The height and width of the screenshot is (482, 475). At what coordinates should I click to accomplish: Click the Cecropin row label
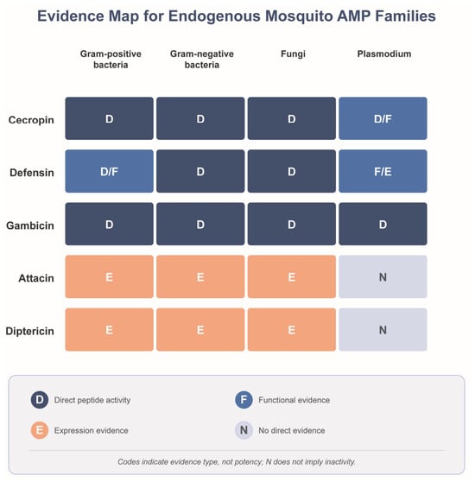click(x=31, y=119)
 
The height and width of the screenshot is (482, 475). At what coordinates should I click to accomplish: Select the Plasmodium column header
click(x=384, y=54)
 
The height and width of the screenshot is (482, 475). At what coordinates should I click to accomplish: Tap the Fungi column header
click(x=293, y=54)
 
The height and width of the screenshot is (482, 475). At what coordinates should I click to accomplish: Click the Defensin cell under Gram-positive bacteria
click(x=109, y=171)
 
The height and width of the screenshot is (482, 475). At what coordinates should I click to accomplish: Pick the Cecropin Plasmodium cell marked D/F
click(x=383, y=118)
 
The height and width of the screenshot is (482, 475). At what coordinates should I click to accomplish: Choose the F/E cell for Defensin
click(x=383, y=171)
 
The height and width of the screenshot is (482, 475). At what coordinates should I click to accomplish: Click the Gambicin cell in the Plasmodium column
click(x=383, y=224)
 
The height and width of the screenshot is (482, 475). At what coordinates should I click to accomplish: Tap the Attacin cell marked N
click(x=383, y=276)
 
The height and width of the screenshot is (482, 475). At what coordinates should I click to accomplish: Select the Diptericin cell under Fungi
click(x=292, y=329)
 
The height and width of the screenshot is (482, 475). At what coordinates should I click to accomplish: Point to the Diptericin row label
click(x=30, y=331)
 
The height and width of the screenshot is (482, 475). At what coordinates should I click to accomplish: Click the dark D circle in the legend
click(x=40, y=400)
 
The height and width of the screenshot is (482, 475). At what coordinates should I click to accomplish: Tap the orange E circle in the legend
click(x=40, y=430)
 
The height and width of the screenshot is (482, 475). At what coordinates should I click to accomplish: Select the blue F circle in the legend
click(x=244, y=400)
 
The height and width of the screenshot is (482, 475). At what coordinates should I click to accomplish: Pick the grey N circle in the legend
click(x=244, y=430)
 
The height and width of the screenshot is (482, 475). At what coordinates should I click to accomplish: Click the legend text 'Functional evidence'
click(x=294, y=400)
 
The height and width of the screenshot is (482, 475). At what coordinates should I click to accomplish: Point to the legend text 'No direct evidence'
click(x=292, y=430)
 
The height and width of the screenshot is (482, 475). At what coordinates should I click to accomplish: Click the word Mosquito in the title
click(x=299, y=16)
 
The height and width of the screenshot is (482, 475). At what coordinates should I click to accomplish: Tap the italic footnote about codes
click(x=237, y=462)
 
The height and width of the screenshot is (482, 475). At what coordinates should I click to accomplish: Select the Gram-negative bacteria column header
click(x=202, y=60)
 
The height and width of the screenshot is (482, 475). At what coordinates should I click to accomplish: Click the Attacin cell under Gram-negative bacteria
click(x=200, y=276)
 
